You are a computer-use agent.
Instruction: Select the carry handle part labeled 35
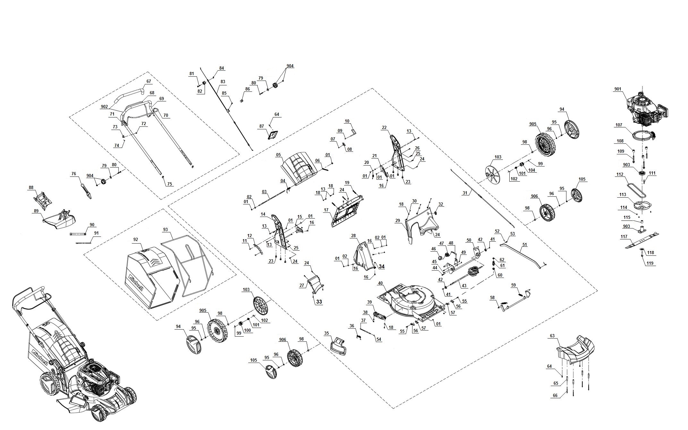click(338, 346)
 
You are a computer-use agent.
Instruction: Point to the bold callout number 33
click(319, 302)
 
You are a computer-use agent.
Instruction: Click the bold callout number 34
click(381, 267)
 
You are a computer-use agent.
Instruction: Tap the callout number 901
click(618, 89)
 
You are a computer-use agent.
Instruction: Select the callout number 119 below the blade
click(650, 263)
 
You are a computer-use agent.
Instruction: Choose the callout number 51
click(525, 245)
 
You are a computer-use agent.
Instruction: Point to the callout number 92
click(135, 239)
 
